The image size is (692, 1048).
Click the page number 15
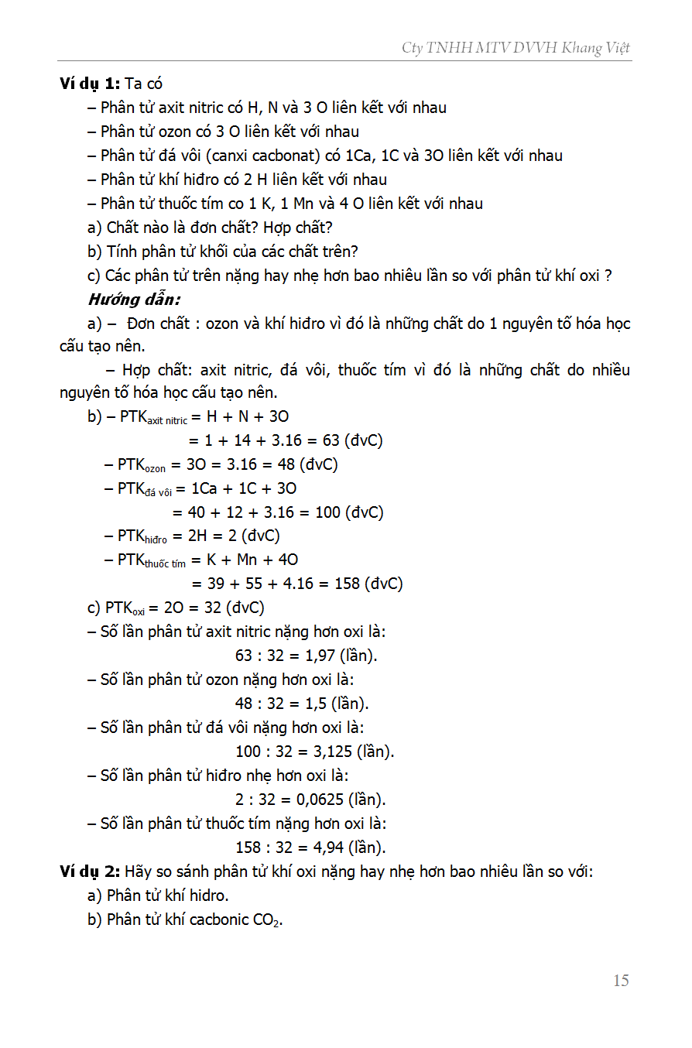(621, 981)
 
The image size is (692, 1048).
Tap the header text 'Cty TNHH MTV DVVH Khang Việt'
(516, 48)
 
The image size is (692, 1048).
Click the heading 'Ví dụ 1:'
(90, 84)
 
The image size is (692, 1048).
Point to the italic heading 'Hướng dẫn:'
(135, 299)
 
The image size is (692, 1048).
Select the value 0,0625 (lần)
(345, 800)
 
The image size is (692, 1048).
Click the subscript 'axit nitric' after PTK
(167, 421)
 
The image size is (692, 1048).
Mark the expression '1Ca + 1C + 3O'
(244, 488)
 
